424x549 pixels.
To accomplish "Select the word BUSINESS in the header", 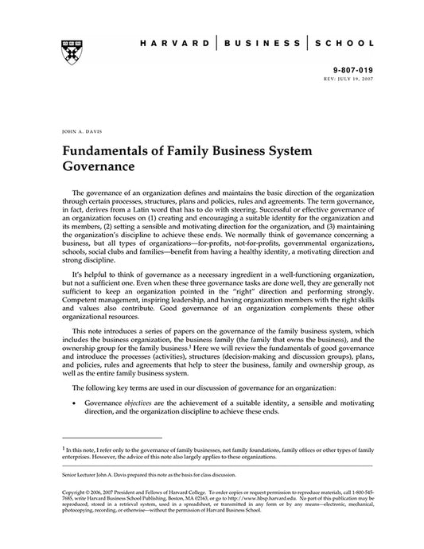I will click(263, 45).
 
